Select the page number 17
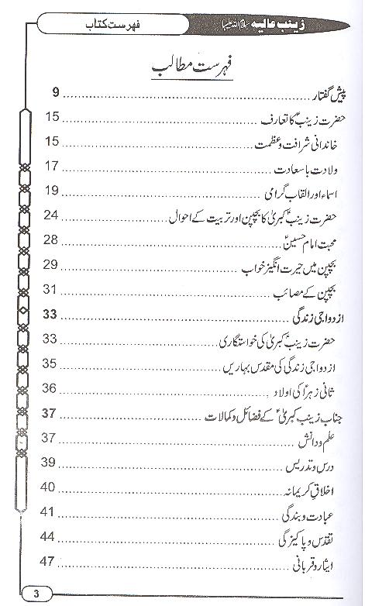(x=52, y=166)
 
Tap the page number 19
(x=52, y=190)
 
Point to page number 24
(x=52, y=215)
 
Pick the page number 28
(x=52, y=240)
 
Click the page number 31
(x=52, y=289)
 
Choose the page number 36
(x=52, y=387)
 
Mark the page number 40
(x=52, y=487)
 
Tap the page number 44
(x=52, y=536)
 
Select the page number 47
(x=52, y=561)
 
